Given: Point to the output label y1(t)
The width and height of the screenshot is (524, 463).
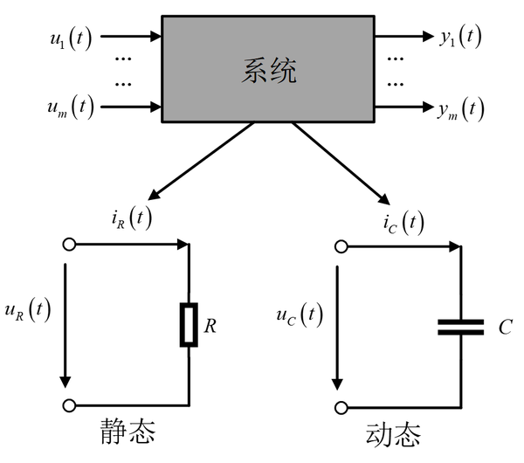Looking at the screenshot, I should (458, 37).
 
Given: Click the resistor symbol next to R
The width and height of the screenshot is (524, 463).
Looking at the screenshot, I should (189, 325).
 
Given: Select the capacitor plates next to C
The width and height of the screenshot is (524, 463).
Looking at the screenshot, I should (459, 327).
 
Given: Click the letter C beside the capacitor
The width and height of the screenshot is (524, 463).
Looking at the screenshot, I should (506, 327).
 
